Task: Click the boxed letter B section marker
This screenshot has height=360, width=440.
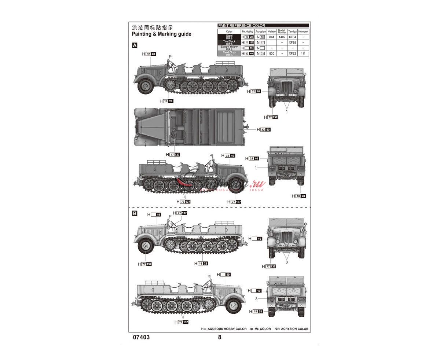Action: point(135,213)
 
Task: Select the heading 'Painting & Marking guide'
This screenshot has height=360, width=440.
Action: point(161,34)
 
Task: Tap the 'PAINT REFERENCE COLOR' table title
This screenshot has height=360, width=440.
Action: point(241,26)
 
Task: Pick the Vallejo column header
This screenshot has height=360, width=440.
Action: point(272,32)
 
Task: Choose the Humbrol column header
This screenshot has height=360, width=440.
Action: point(303,32)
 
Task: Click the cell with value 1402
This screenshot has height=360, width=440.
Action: point(282,37)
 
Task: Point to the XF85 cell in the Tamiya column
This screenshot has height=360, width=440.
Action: point(292,43)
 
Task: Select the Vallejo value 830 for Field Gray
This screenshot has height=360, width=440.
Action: point(272,54)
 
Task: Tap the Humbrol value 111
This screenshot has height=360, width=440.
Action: point(303,54)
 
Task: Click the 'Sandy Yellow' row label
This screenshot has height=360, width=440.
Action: point(229,47)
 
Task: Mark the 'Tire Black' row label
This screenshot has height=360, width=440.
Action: point(229,42)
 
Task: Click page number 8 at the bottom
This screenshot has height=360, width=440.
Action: point(220,338)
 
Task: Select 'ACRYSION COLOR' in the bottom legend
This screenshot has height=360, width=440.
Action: point(294,329)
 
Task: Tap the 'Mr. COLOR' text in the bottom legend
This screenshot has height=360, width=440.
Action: point(263,329)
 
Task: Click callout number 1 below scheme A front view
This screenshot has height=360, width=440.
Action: point(287,111)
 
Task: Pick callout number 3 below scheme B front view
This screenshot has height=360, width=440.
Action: point(287,262)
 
